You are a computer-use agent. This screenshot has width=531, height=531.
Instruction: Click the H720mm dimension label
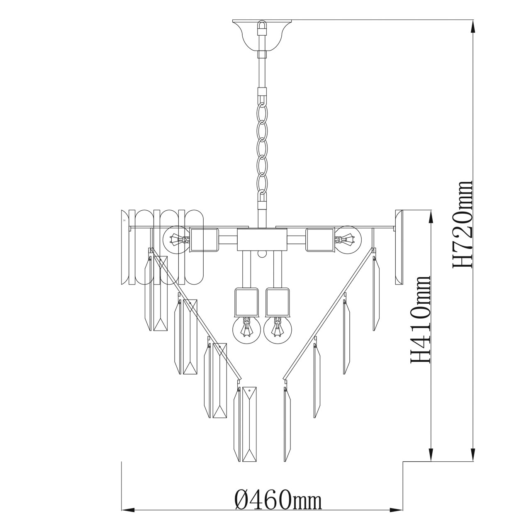tap(462, 224)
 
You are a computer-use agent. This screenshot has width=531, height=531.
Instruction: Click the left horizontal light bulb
tap(176, 239)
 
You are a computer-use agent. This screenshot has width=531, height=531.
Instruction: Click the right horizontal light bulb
tap(348, 239)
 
